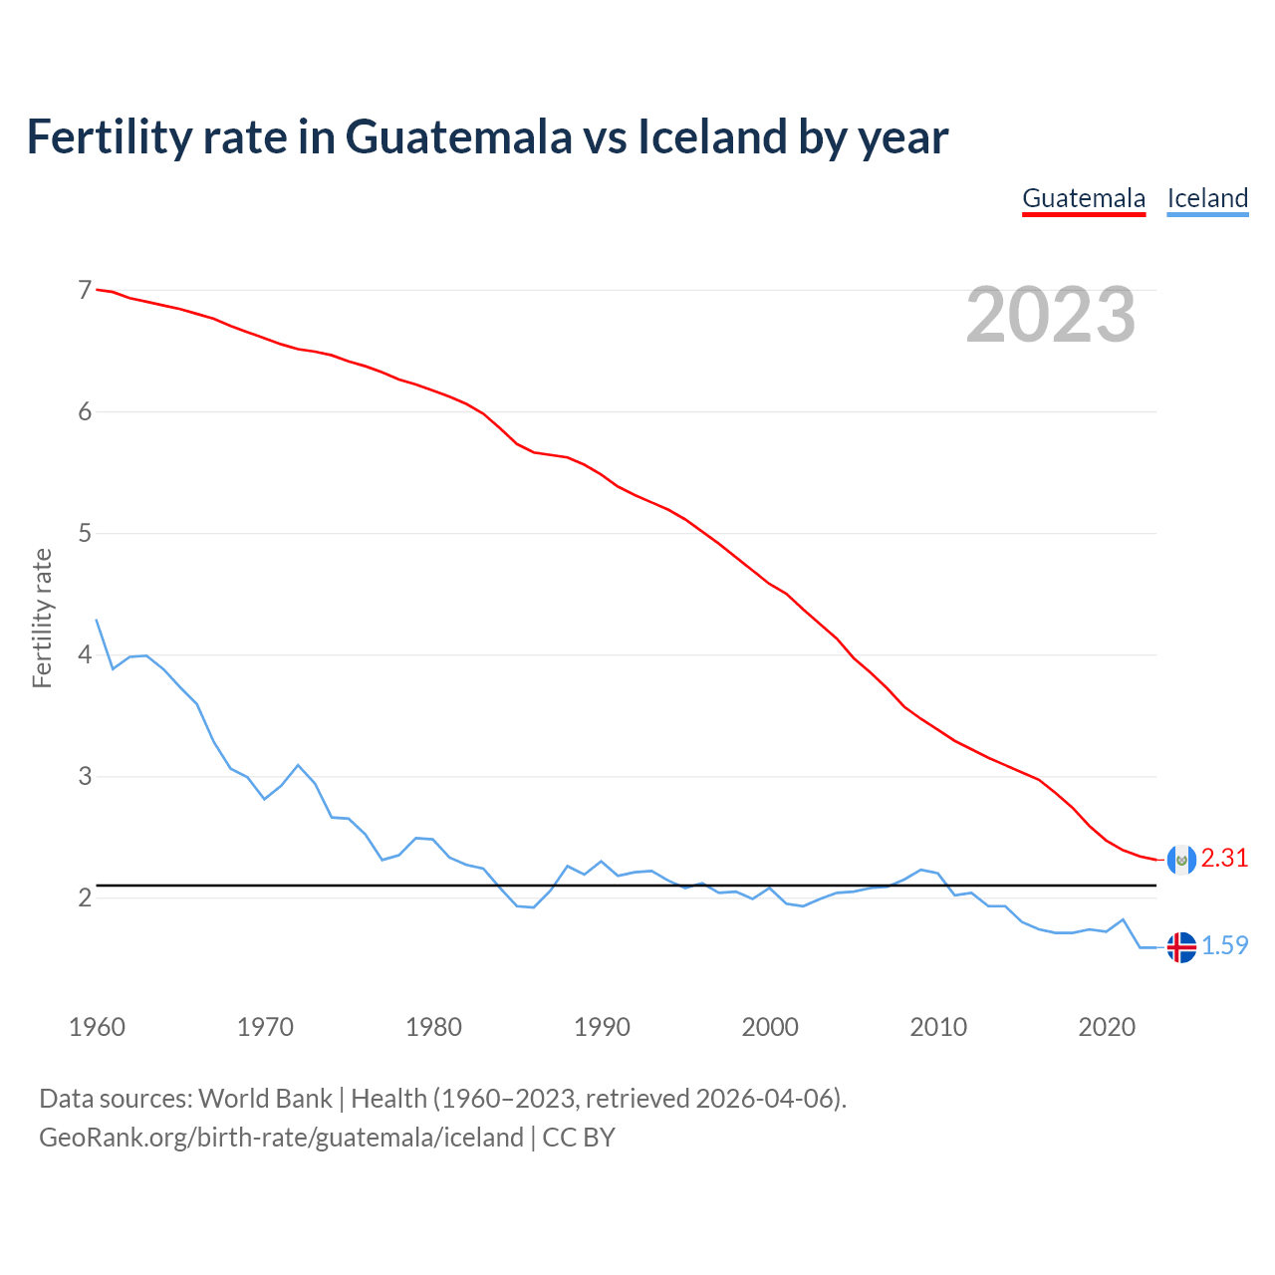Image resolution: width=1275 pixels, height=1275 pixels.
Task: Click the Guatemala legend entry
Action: [1084, 198]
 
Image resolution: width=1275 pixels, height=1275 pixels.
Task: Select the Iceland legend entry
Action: [1207, 198]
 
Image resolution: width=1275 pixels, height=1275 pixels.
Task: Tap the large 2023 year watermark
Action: [1051, 315]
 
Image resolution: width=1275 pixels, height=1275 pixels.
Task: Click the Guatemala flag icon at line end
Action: [1180, 859]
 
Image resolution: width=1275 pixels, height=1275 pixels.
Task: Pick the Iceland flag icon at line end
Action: [1180, 946]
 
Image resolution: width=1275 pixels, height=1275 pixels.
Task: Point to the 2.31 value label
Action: [1224, 859]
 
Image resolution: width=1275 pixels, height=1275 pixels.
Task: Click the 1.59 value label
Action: [1224, 946]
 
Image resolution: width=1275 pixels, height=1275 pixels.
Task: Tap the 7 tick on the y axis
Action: [85, 291]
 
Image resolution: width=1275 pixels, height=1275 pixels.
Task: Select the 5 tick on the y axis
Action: [85, 534]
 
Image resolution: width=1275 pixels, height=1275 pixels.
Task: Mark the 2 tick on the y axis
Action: [85, 898]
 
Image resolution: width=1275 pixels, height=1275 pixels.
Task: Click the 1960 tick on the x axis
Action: [97, 1027]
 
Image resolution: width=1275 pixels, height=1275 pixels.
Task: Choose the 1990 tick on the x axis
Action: [602, 1027]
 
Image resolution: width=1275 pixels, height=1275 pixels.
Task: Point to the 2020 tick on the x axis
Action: [1107, 1027]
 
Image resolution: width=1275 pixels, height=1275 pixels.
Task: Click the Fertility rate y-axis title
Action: [42, 618]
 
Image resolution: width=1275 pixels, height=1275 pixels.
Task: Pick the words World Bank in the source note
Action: [265, 1099]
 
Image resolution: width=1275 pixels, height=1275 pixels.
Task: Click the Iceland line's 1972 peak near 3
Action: [298, 765]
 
